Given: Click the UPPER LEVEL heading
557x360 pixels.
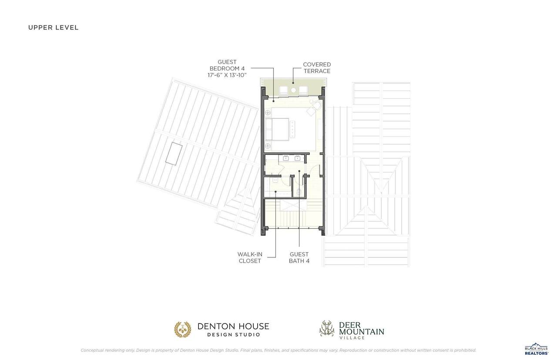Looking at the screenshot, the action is point(53,27).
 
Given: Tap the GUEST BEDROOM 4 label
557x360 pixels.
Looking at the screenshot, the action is point(227,65).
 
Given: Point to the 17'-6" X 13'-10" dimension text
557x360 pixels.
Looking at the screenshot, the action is point(227,75).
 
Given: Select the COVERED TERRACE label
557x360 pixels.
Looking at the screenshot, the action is point(317,67).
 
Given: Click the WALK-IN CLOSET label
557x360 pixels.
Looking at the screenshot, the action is point(250,257).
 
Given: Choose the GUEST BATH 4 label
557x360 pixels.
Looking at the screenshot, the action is point(299,257).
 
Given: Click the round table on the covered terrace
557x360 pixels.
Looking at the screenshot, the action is point(293,90).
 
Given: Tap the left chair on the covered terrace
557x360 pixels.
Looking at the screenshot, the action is point(283,90).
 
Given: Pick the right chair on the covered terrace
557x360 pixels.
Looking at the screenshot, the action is point(303,90).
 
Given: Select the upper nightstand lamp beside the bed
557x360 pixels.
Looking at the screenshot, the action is point(268,113).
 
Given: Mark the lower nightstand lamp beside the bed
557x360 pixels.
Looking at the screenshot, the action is point(268,146).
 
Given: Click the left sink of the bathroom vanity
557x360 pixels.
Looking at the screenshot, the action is point(286,158).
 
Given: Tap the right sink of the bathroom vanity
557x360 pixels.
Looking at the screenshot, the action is point(297,158).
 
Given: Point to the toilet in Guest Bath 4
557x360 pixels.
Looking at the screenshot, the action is point(299,192).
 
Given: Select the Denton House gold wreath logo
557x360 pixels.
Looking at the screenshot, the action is point(182,329).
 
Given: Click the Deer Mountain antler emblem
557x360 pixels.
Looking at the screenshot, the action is point(327,328).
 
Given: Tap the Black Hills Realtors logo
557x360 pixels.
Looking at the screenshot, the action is point(537,349).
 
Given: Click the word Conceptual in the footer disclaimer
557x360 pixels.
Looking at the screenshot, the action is point(92,350).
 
